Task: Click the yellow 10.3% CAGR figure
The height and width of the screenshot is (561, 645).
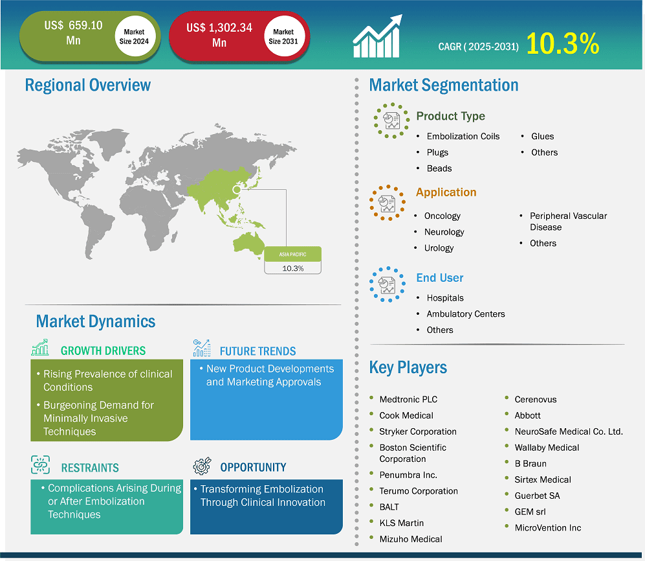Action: tap(562, 43)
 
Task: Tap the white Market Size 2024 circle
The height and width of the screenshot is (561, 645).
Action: tap(135, 37)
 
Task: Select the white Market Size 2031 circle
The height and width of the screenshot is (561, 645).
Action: tap(283, 37)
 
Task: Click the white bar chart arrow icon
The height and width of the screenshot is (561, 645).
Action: tap(377, 36)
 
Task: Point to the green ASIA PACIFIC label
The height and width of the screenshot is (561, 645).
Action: tap(292, 254)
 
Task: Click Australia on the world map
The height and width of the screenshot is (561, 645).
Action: tap(248, 244)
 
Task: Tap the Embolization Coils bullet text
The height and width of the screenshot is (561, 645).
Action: tap(463, 136)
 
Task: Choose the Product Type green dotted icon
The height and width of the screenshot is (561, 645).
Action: tap(391, 120)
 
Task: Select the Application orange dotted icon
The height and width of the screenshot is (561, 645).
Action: tap(388, 203)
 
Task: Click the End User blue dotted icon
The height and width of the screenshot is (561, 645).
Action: tap(388, 284)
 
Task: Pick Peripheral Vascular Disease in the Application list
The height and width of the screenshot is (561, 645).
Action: tap(568, 222)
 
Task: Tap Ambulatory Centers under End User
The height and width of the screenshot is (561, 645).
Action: tap(466, 314)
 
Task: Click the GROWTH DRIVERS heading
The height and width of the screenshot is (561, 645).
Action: tap(104, 351)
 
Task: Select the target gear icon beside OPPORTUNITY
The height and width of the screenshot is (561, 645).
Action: tap(202, 466)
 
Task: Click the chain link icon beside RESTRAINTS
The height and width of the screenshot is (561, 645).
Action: tap(40, 465)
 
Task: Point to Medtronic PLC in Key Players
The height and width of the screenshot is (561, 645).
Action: tap(408, 400)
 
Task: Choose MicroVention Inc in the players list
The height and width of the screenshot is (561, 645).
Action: tap(548, 528)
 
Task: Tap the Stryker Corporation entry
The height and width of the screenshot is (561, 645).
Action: tap(418, 431)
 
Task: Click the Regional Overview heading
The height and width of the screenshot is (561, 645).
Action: tap(87, 86)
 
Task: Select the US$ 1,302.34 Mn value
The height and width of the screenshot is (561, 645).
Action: tap(219, 35)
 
